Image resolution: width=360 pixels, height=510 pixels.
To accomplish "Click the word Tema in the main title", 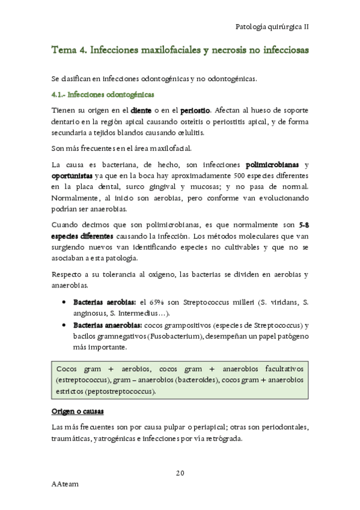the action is [x=64, y=51].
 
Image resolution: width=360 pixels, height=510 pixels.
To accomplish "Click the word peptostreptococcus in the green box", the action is [x=120, y=392].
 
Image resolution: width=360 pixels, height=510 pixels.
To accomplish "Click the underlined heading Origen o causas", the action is [x=78, y=411].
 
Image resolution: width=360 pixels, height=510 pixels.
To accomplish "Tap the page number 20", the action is [x=180, y=472].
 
